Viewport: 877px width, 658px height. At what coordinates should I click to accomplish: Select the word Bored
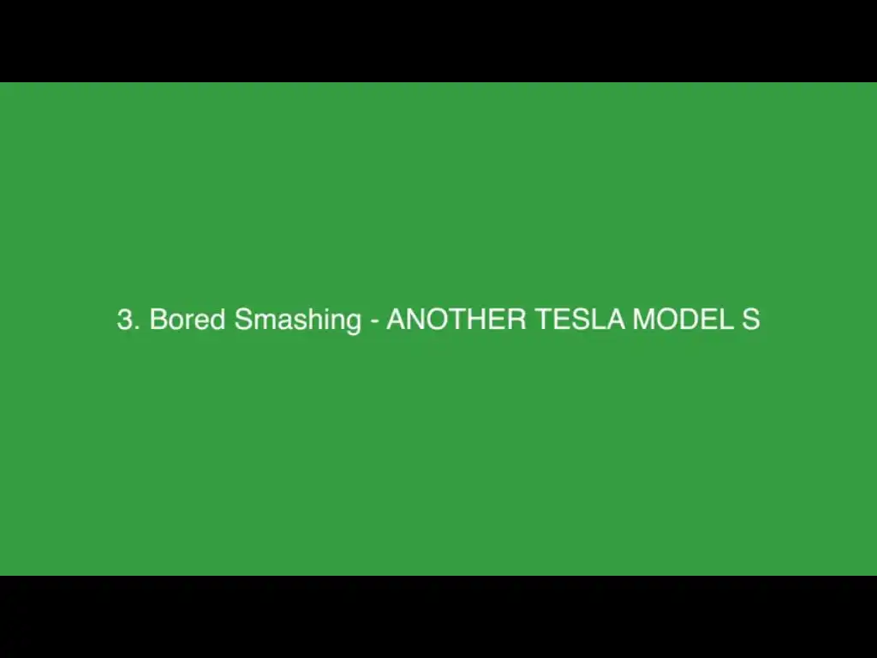[x=188, y=319]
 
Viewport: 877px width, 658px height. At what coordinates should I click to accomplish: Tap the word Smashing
[x=297, y=320]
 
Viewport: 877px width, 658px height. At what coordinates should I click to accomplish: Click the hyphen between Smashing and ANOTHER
[x=374, y=322]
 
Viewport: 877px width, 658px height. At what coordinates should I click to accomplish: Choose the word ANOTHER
[x=456, y=319]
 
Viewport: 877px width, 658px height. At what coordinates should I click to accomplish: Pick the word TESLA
[x=580, y=319]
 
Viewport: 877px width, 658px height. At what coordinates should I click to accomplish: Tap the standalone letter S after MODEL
[x=750, y=319]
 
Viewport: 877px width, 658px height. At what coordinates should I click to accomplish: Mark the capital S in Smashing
[x=243, y=319]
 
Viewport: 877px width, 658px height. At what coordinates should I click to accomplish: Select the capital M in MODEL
[x=643, y=319]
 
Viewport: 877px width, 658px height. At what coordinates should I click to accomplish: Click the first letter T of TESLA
[x=544, y=319]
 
